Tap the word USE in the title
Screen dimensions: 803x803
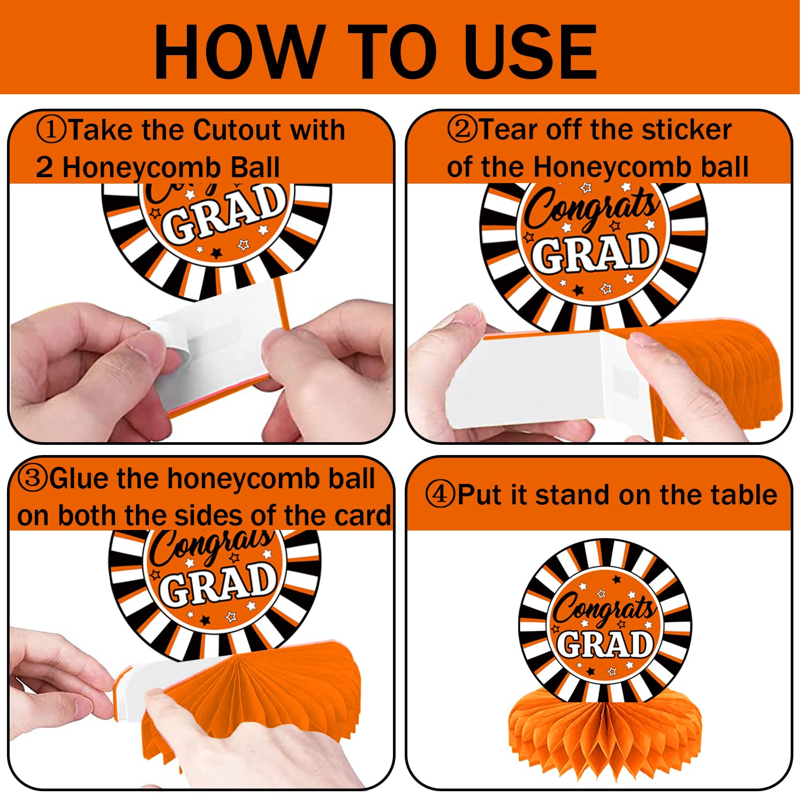pos(531,52)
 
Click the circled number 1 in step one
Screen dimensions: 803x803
pos(51,130)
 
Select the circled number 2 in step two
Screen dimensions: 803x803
pos(462,130)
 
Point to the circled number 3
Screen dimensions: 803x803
pos(33,478)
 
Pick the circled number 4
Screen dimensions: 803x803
pos(441,494)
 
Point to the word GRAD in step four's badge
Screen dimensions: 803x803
pos(605,645)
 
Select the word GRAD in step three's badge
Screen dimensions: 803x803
pos(218,584)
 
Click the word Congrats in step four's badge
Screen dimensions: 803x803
pos(603,610)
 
